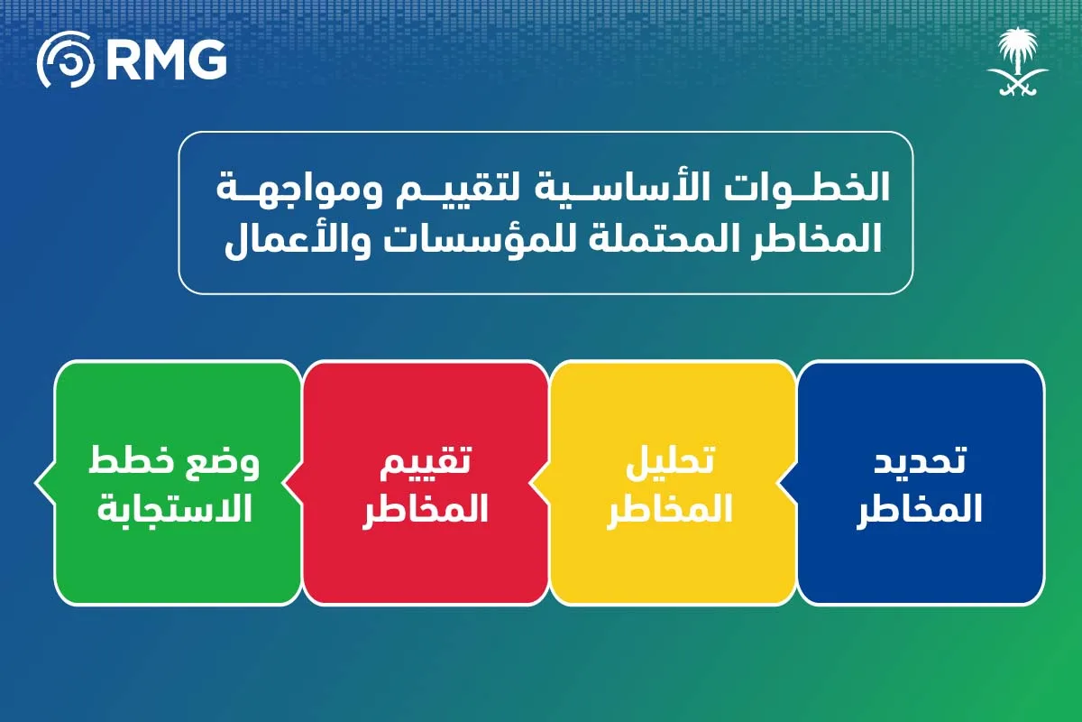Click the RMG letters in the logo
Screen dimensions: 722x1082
click(x=166, y=60)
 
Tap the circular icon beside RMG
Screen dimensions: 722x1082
click(x=65, y=60)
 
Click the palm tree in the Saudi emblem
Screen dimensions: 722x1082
click(x=1018, y=51)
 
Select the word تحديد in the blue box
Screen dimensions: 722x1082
click(x=921, y=460)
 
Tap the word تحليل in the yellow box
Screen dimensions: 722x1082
click(x=671, y=460)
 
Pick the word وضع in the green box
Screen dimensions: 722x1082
click(x=225, y=462)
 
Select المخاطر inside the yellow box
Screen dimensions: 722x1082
click(x=671, y=509)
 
